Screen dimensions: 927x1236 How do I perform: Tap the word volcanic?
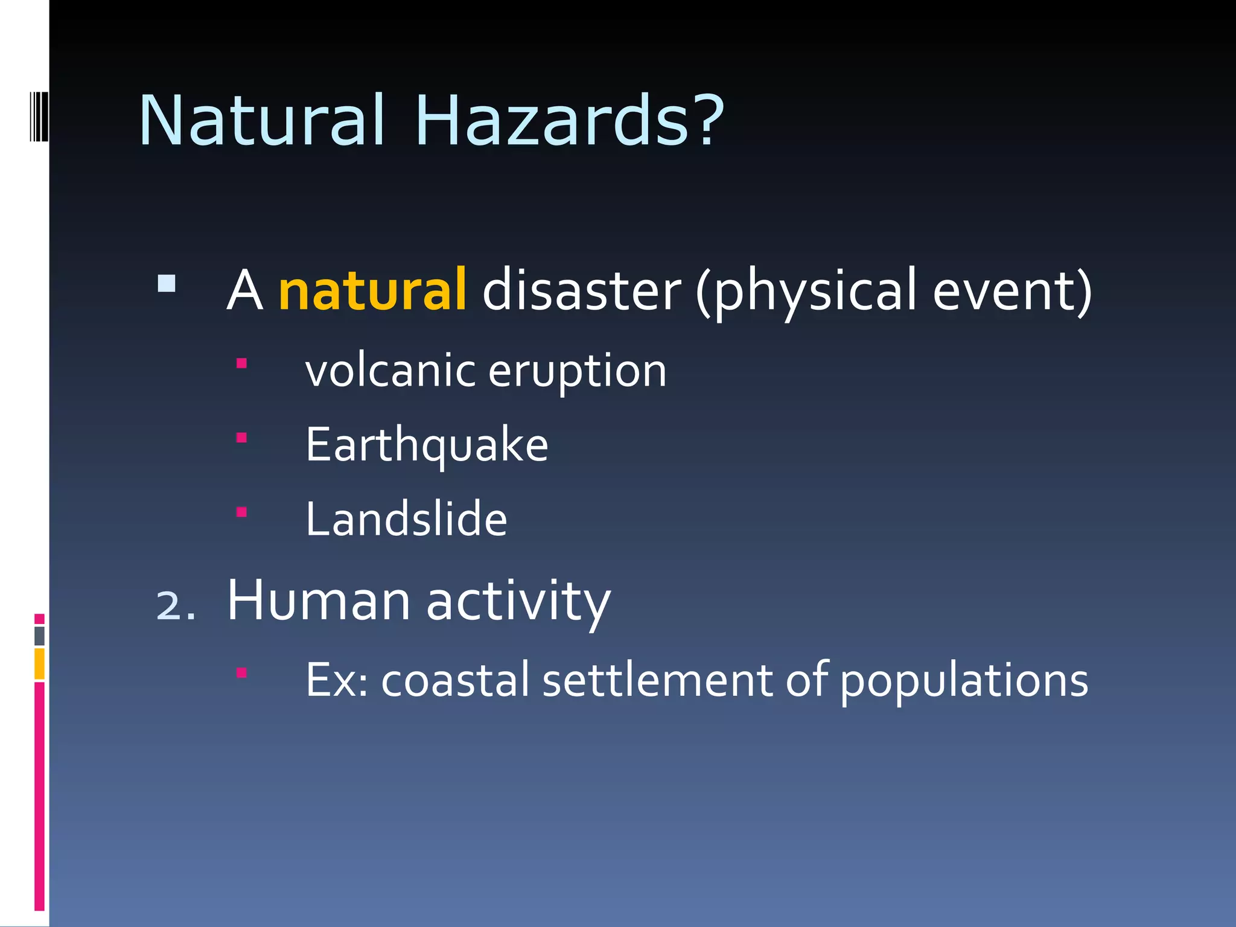coord(390,371)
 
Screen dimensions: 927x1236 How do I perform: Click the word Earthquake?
coord(427,445)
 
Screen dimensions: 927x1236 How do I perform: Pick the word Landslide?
coord(406,519)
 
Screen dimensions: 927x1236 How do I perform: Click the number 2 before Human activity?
coord(168,605)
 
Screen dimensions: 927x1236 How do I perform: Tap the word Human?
coord(319,601)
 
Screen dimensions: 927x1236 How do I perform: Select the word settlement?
coord(657,681)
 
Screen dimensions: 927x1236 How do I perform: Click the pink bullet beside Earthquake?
coord(241,438)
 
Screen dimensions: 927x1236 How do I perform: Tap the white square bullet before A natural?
coord(167,284)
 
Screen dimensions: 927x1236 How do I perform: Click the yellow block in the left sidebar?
coord(39,663)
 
